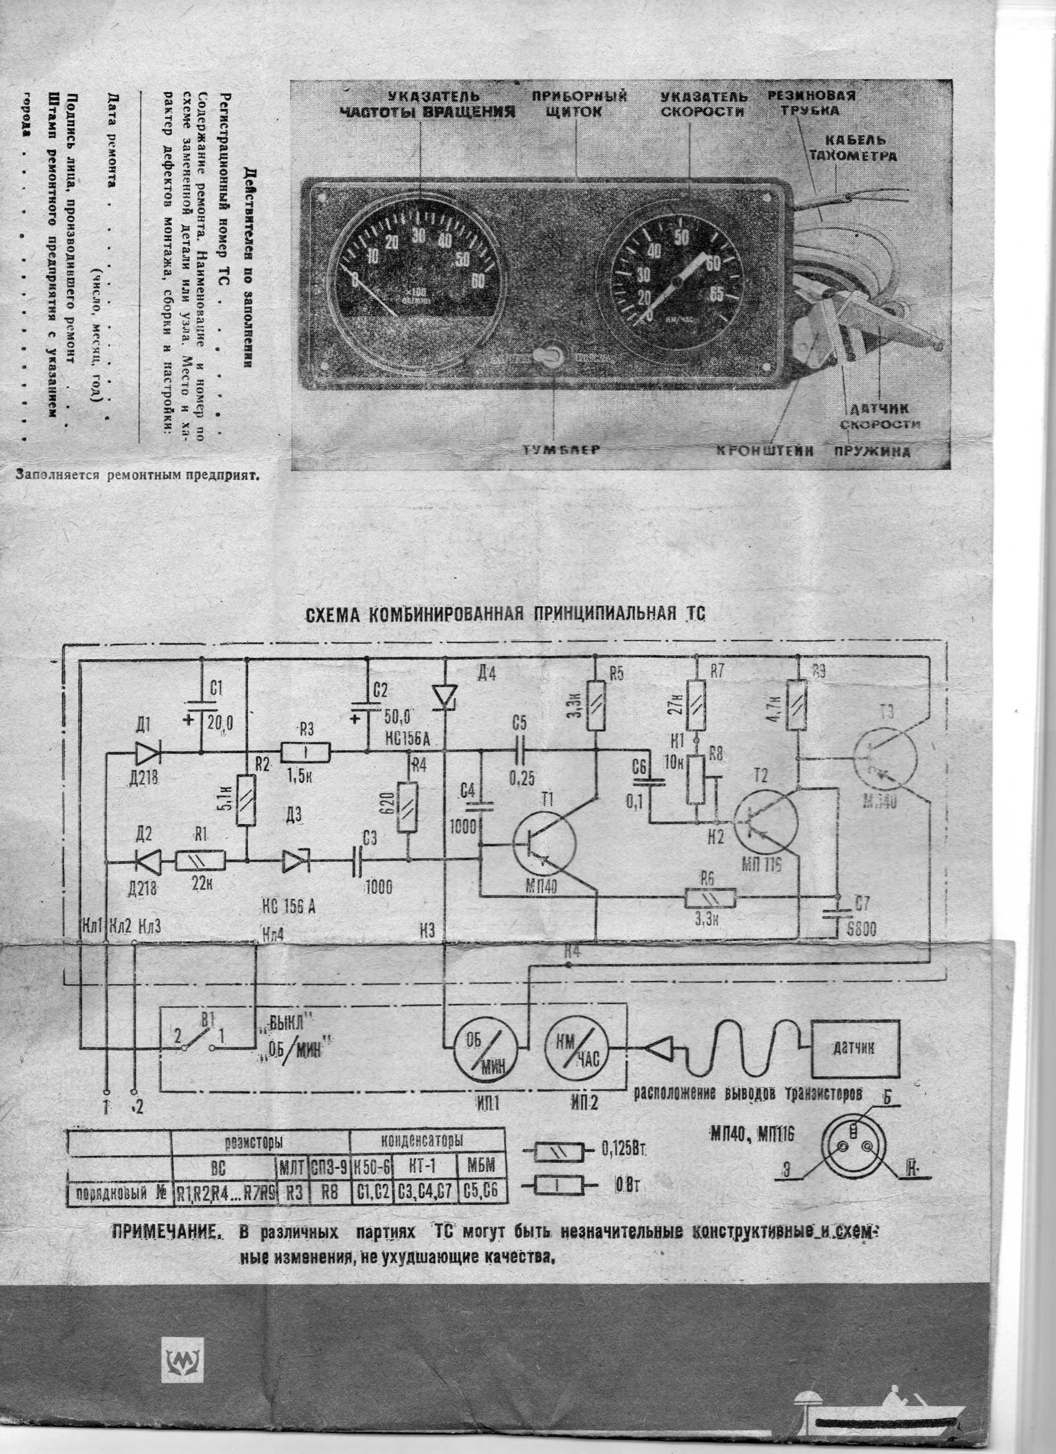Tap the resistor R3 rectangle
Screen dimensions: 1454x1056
coord(305,752)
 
